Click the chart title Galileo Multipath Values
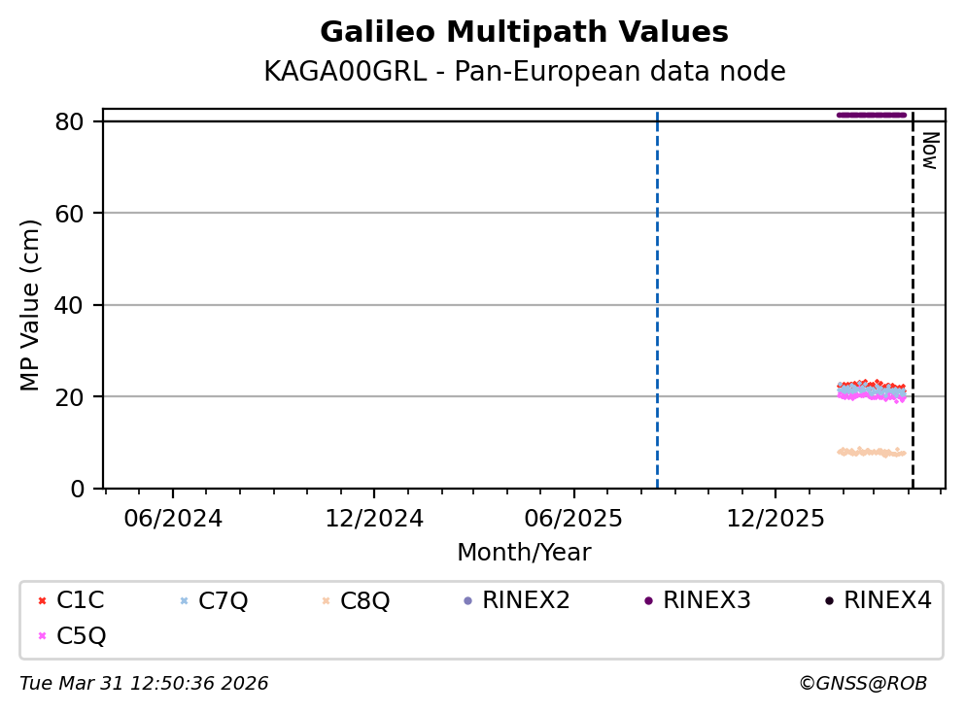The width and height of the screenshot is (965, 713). (x=524, y=33)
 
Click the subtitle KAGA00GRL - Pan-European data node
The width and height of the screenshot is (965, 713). (x=524, y=72)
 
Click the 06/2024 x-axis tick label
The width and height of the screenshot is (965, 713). (x=173, y=518)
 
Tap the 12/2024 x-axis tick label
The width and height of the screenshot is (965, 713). (x=374, y=518)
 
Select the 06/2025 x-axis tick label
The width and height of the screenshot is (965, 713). (x=573, y=518)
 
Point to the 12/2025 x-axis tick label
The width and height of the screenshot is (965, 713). (x=775, y=518)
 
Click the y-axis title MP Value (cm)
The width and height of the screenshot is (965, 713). (x=31, y=305)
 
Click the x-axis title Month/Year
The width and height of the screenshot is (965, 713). (x=524, y=553)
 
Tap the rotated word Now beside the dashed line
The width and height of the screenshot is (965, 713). (x=929, y=151)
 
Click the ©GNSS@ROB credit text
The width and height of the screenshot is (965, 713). (x=862, y=684)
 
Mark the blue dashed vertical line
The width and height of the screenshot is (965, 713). (x=657, y=291)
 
